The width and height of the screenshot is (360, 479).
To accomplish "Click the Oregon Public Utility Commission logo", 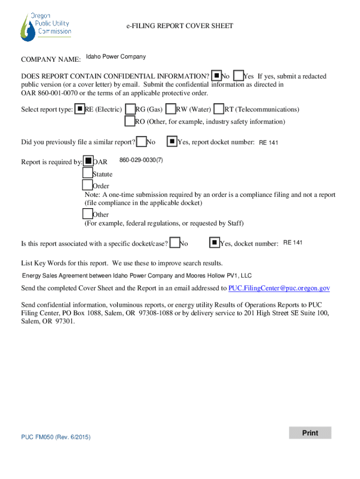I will tap(46, 27).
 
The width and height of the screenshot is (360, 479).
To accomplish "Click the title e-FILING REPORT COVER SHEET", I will tap(180, 26).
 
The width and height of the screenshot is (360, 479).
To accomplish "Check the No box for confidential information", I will tap(216, 75).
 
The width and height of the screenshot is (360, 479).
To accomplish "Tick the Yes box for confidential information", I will tap(238, 75).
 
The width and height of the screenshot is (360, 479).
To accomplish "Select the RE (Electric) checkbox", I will tap(80, 109).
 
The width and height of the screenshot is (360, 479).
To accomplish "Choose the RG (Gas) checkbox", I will tap(130, 109).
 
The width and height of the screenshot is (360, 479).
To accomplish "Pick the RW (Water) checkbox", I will tap(171, 109).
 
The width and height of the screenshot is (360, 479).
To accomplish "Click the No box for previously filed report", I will tap(141, 141).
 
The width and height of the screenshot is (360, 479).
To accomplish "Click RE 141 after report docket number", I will tap(268, 143).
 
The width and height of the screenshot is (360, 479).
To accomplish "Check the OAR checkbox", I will tap(88, 161).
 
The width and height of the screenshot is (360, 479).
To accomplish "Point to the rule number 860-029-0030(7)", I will tap(141, 160).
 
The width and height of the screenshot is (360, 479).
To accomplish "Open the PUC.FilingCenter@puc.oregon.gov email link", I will tap(279, 288).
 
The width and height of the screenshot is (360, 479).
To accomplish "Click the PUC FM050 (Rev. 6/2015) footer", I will tap(56, 437).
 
